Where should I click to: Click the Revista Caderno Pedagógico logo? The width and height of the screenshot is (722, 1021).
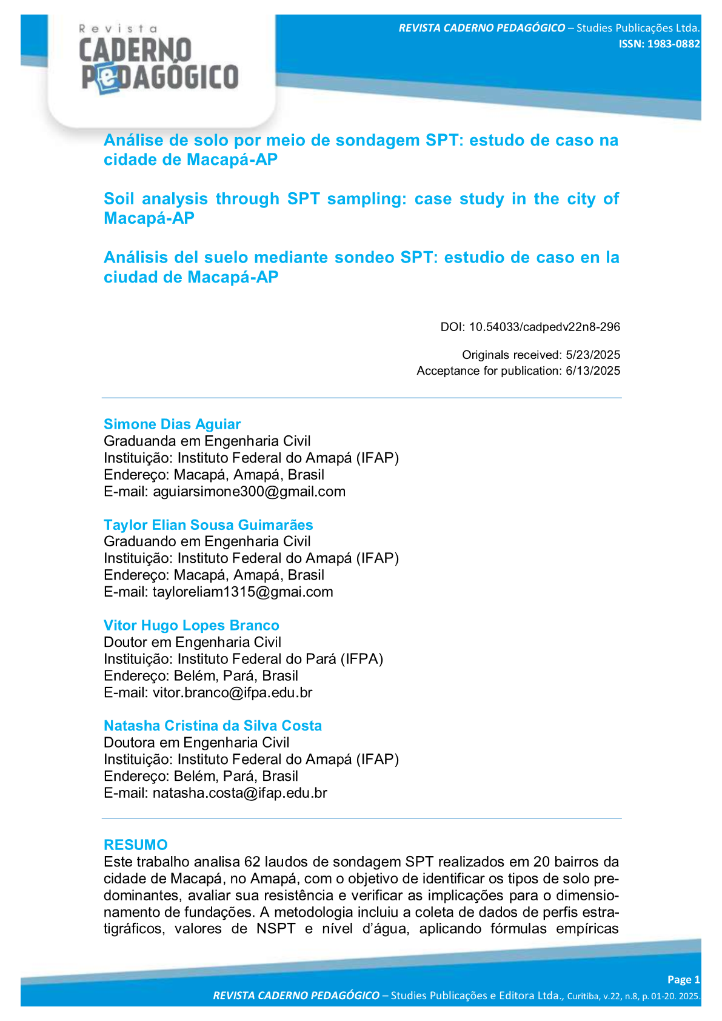pos(159,61)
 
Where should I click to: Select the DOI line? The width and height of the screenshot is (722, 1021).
pos(530,327)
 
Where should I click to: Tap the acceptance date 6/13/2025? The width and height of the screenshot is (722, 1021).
pos(592,370)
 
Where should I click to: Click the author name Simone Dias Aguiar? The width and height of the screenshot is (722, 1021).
pos(172,424)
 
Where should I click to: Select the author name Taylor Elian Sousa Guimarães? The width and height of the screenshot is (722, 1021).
pos(208,525)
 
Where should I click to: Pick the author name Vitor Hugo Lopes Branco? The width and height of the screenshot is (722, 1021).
pos(191,626)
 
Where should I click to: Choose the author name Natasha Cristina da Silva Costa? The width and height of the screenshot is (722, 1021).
pos(212,726)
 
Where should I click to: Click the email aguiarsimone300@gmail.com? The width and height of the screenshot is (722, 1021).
pos(249,492)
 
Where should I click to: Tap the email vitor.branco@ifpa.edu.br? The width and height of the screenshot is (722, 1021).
pos(232,692)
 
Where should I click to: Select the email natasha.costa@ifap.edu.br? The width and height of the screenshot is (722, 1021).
pos(239,793)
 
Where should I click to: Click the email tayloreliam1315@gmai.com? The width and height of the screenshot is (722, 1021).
pos(242,592)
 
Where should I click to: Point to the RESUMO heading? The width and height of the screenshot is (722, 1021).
pos(135,845)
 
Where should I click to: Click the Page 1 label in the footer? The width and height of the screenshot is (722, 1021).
pos(683,980)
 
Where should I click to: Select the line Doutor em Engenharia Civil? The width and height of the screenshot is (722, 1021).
pos(192,642)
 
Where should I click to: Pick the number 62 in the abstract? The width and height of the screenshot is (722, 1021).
pos(252,862)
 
